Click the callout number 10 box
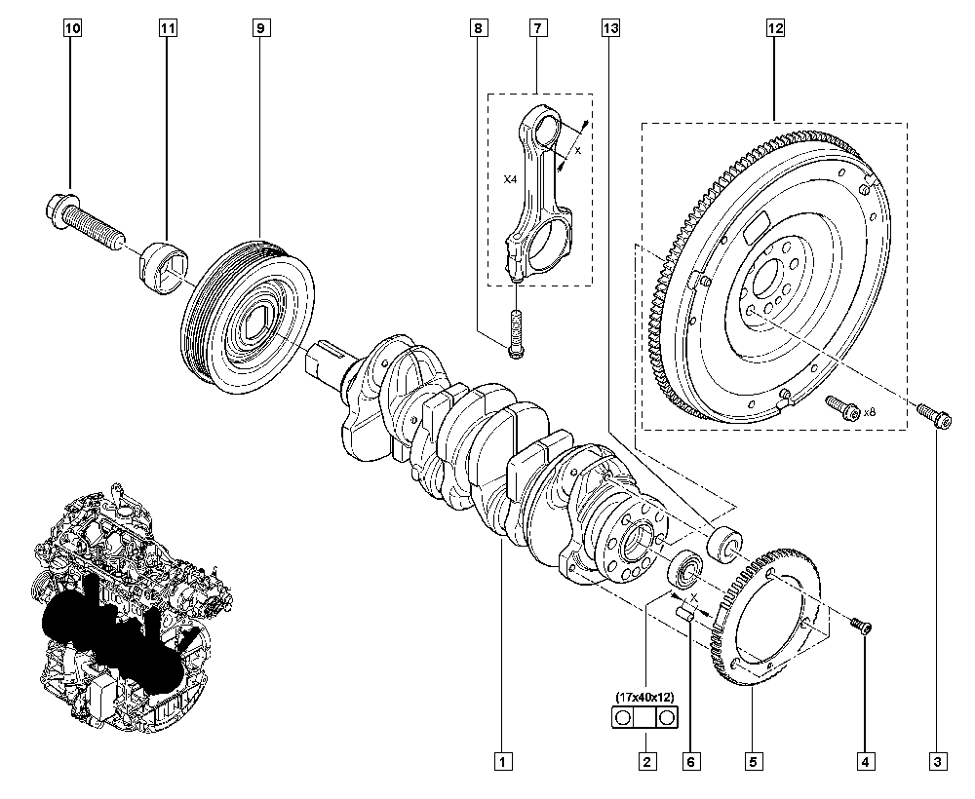coord(72,29)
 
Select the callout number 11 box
coord(168,29)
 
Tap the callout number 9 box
coord(260,29)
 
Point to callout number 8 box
coord(478,29)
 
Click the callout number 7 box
coord(537,29)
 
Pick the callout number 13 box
coord(609,29)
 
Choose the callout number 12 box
coord(775,29)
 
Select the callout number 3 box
coord(938,760)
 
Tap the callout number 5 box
coord(753,760)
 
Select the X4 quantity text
coord(510,180)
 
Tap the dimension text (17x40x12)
coord(644,697)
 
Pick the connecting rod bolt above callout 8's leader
coord(515,331)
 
